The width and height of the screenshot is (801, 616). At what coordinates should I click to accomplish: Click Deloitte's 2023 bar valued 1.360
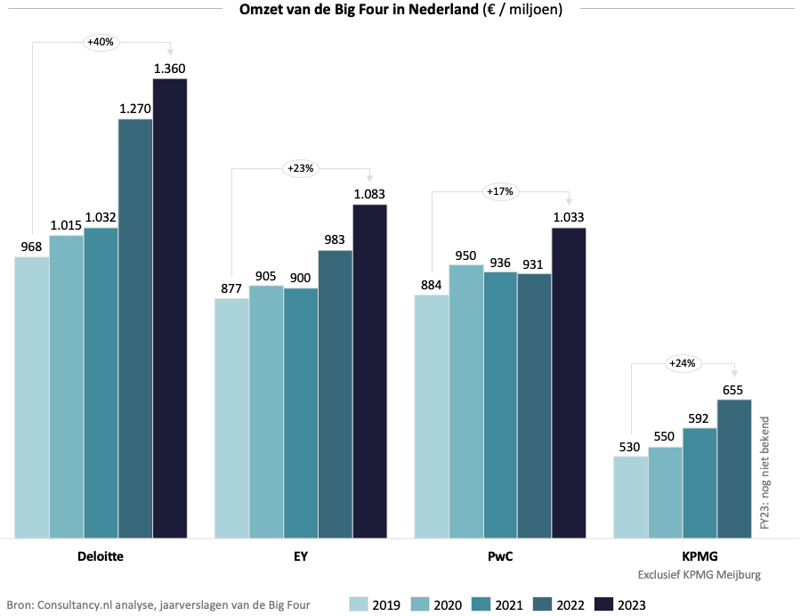[170, 307]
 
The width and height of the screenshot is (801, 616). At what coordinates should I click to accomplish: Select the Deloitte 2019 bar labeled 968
[32, 396]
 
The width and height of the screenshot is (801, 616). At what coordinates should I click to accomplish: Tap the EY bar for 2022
[336, 393]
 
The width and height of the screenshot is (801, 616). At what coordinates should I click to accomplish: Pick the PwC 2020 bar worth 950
[466, 401]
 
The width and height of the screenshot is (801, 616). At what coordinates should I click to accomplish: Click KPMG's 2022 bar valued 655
[734, 467]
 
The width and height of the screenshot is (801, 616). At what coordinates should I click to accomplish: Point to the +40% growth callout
[100, 41]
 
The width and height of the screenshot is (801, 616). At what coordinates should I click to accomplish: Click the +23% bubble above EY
[300, 167]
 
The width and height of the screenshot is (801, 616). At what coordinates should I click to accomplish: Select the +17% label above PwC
[499, 190]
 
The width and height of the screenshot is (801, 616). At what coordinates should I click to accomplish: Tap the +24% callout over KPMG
[681, 362]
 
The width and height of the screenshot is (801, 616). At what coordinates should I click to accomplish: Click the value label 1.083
[370, 194]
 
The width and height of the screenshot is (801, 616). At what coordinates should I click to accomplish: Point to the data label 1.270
[135, 109]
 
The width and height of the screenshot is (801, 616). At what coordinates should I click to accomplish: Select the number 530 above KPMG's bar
[631, 446]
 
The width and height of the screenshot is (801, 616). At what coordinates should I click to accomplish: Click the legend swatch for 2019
[359, 605]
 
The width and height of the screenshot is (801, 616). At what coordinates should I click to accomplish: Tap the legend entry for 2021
[499, 605]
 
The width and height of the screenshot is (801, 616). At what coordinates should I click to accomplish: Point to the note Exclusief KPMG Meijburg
[700, 575]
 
